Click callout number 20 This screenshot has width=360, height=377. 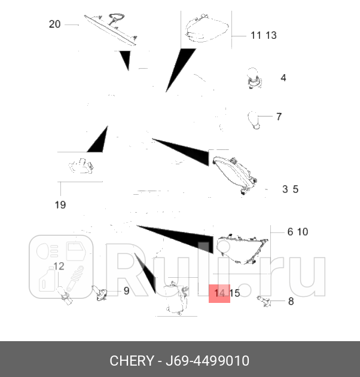tap(54, 24)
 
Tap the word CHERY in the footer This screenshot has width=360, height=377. tap(132, 361)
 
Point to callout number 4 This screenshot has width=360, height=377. tap(283, 78)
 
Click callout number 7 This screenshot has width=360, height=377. tap(279, 117)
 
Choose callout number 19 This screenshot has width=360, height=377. tap(60, 205)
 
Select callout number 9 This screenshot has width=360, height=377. tap(126, 291)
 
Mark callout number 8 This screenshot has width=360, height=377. tap(291, 301)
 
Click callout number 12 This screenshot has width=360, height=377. tap(59, 266)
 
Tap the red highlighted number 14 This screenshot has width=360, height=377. tap(219, 293)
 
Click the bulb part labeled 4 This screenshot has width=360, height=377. tap(253, 79)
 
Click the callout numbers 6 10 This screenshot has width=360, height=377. tap(297, 232)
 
